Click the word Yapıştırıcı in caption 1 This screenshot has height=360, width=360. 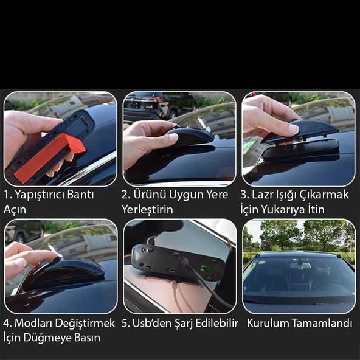pos(54,195)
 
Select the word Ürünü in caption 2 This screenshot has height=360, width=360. pos(150,194)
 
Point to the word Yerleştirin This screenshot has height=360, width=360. pos(147,210)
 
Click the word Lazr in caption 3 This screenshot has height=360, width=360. pos(261,195)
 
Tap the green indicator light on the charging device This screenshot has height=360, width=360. pos(204,268)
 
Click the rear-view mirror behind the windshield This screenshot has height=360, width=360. pos(300,266)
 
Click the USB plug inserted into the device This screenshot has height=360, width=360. pos(184,261)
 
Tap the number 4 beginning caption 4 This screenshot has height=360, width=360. pos(7,323)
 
